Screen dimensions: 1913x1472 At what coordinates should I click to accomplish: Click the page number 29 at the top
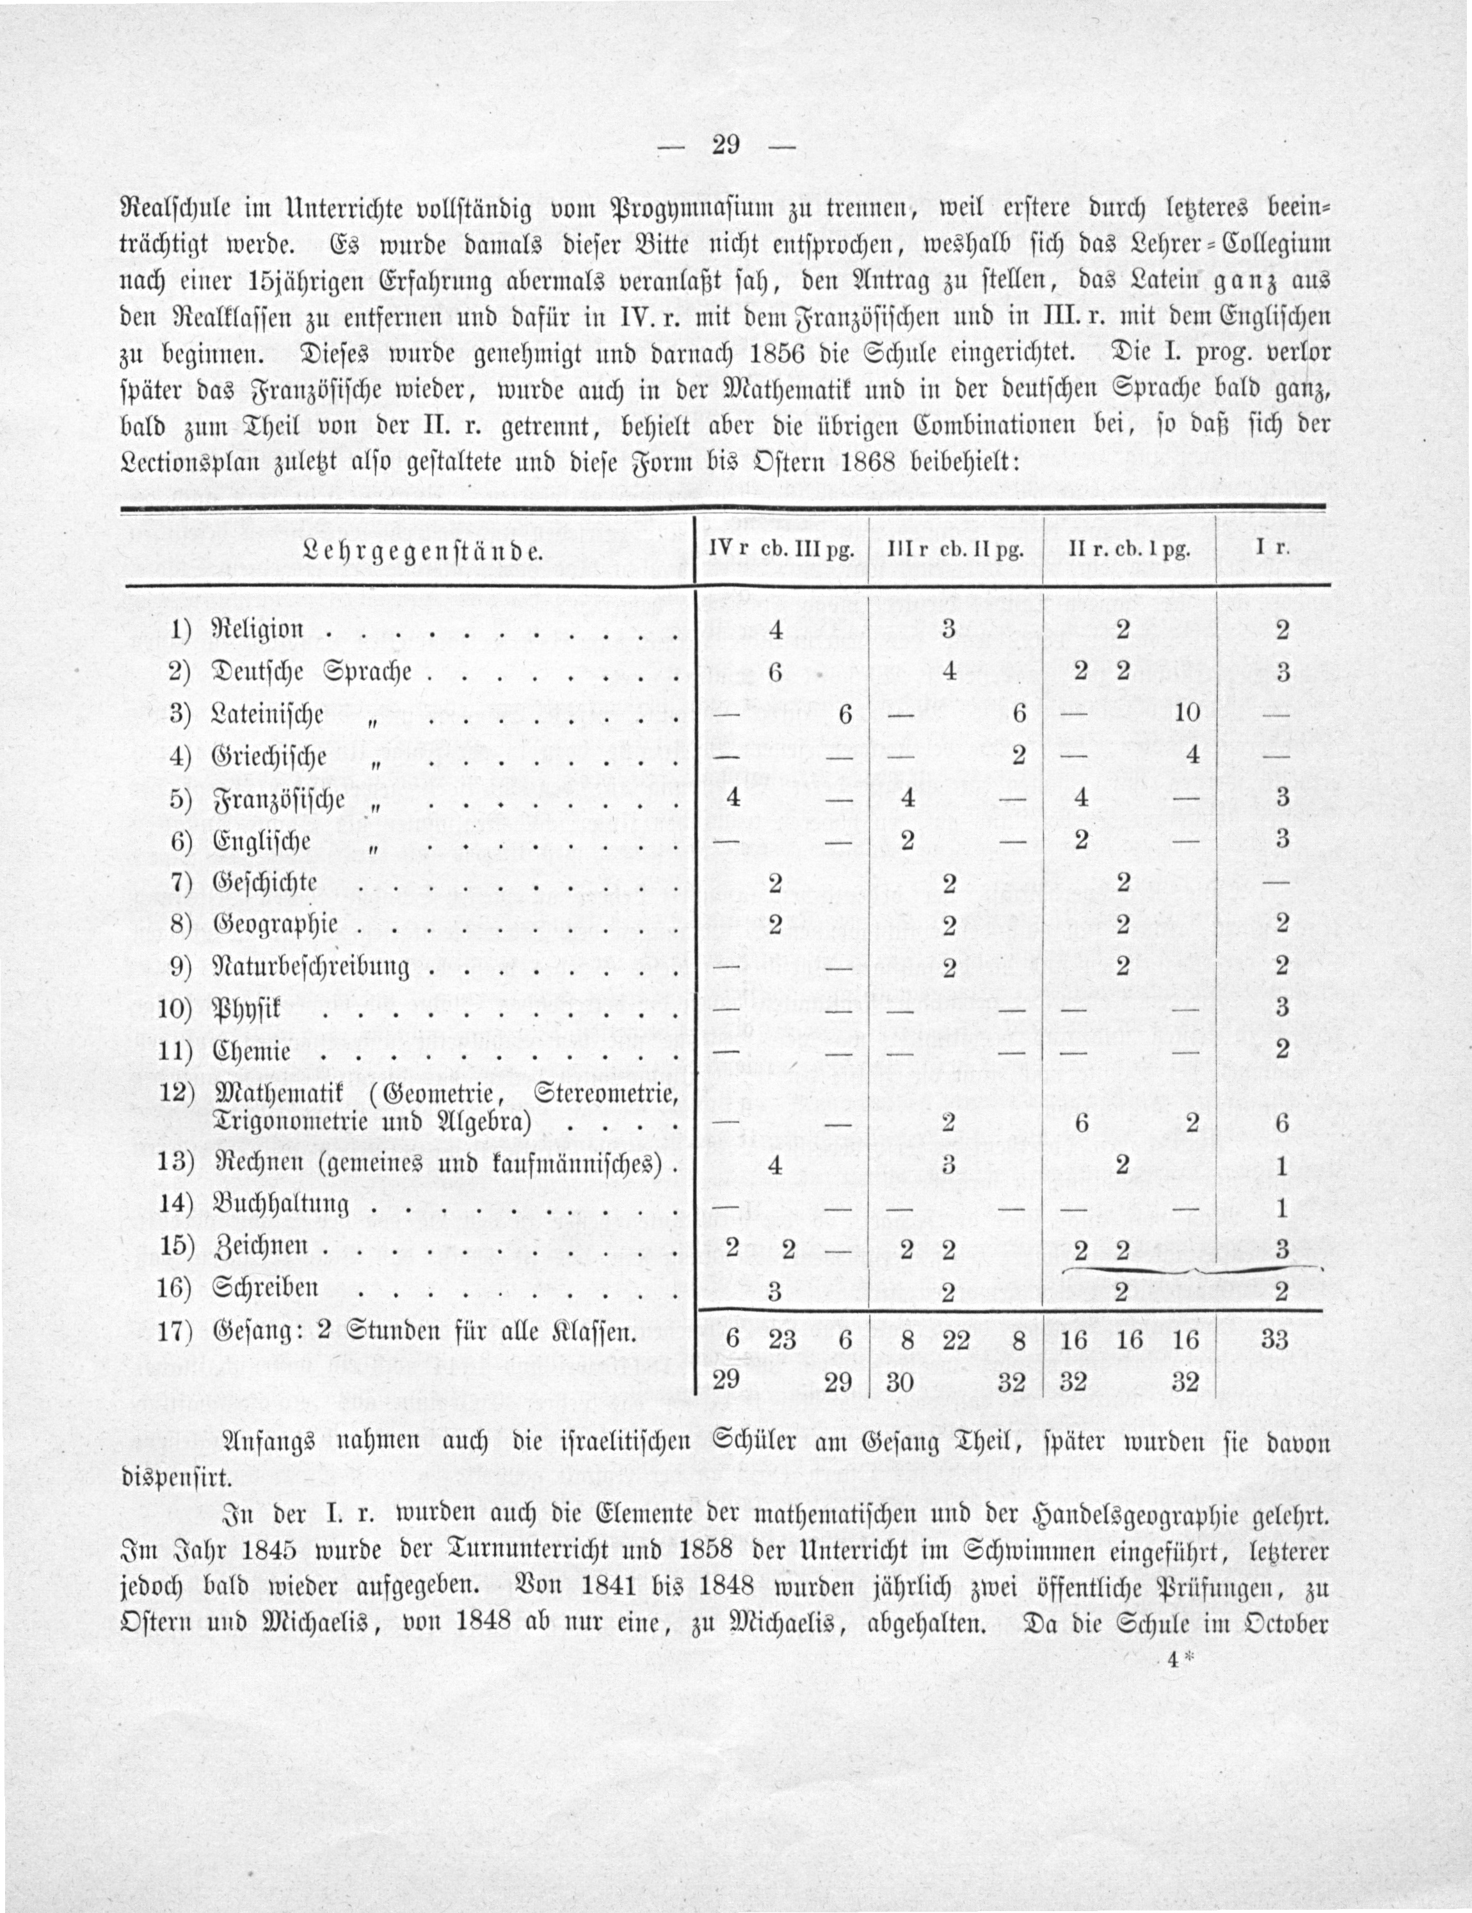pos(726,145)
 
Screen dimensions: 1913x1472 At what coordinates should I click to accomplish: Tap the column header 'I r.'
pos(1272,550)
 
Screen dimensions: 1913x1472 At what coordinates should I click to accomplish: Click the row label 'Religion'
pos(259,629)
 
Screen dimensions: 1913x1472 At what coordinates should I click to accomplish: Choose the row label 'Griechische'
pos(269,756)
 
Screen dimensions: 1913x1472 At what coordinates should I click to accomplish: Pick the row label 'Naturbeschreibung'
pos(312,967)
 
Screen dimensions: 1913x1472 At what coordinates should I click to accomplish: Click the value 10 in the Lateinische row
pos(1187,712)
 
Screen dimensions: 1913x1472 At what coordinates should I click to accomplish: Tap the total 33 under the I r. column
pos(1274,1340)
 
